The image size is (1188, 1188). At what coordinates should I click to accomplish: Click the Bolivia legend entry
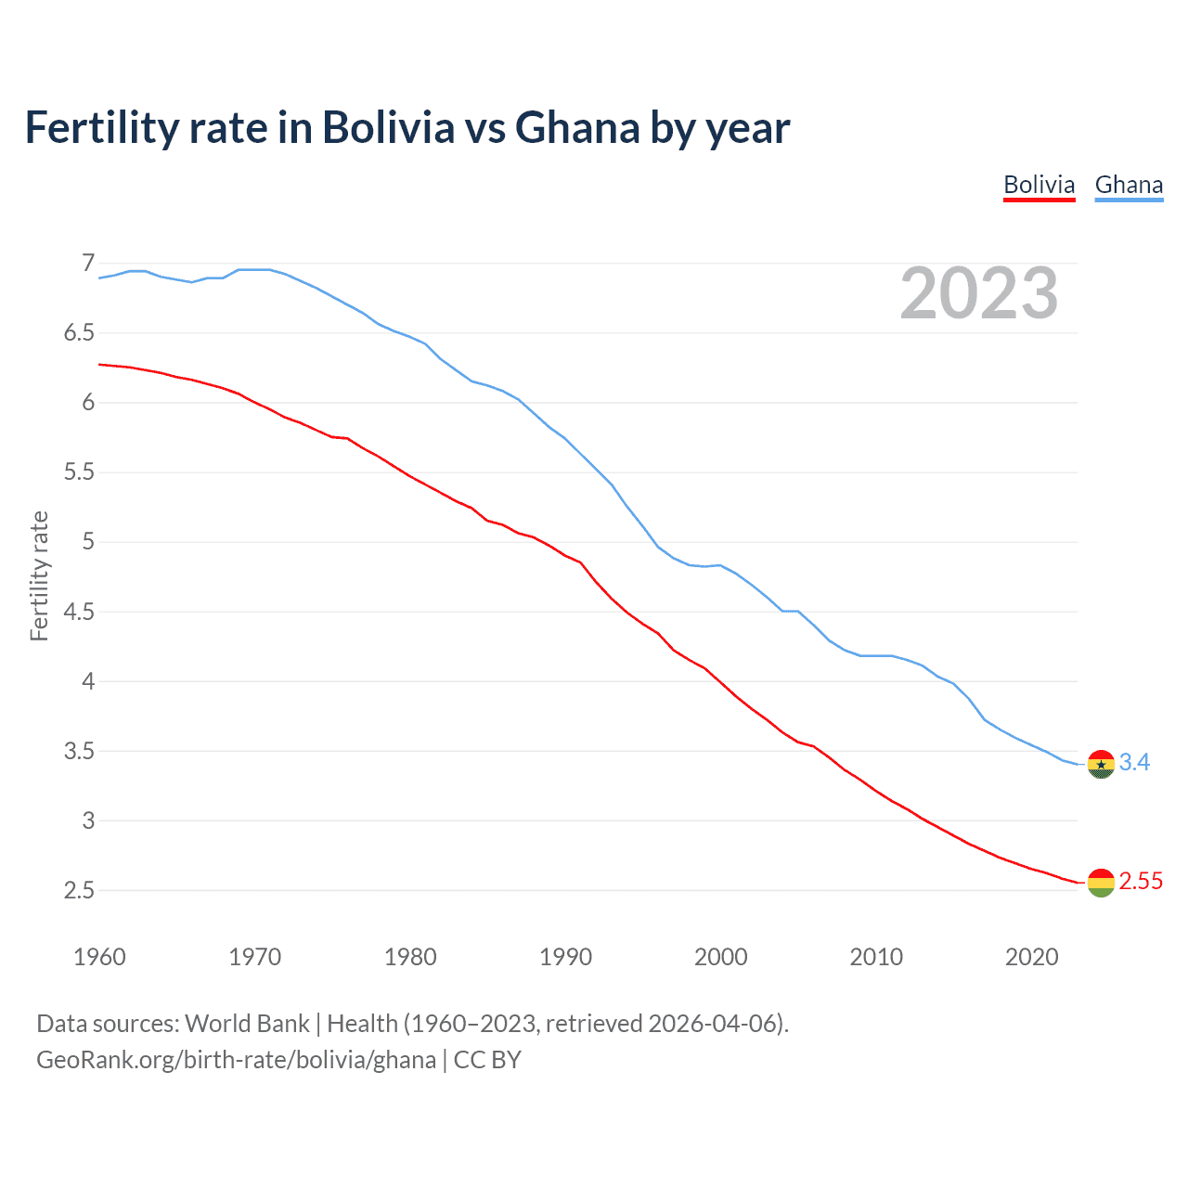pyautogui.click(x=1039, y=185)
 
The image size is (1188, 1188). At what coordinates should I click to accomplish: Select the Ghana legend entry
pyautogui.click(x=1129, y=185)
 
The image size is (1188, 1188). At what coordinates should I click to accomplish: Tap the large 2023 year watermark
pyautogui.click(x=978, y=293)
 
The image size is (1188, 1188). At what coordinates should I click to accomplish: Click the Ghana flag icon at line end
pyautogui.click(x=1101, y=764)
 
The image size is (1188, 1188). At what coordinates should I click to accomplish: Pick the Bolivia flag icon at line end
pyautogui.click(x=1101, y=883)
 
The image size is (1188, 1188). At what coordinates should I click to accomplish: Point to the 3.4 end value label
pyautogui.click(x=1134, y=762)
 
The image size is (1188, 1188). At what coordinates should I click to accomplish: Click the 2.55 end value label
pyautogui.click(x=1141, y=881)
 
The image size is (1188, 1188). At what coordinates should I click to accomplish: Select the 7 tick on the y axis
pyautogui.click(x=88, y=264)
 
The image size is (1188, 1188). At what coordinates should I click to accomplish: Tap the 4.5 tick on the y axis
pyautogui.click(x=79, y=612)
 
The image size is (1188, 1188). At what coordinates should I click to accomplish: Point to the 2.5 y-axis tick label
pyautogui.click(x=79, y=891)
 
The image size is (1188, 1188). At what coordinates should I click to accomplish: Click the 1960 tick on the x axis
pyautogui.click(x=99, y=957)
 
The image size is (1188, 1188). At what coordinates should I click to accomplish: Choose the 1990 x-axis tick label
pyautogui.click(x=565, y=957)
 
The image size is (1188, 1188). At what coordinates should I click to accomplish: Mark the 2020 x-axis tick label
pyautogui.click(x=1031, y=957)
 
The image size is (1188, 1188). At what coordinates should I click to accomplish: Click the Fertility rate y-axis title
pyautogui.click(x=39, y=575)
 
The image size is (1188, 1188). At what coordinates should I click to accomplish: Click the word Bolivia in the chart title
pyautogui.click(x=388, y=128)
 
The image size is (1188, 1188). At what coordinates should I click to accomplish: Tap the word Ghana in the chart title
pyautogui.click(x=576, y=128)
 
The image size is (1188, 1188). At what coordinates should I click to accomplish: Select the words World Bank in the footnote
pyautogui.click(x=247, y=1024)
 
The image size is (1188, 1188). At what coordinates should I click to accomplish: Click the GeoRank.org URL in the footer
pyautogui.click(x=236, y=1060)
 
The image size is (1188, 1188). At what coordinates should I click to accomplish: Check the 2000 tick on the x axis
pyautogui.click(x=720, y=957)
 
